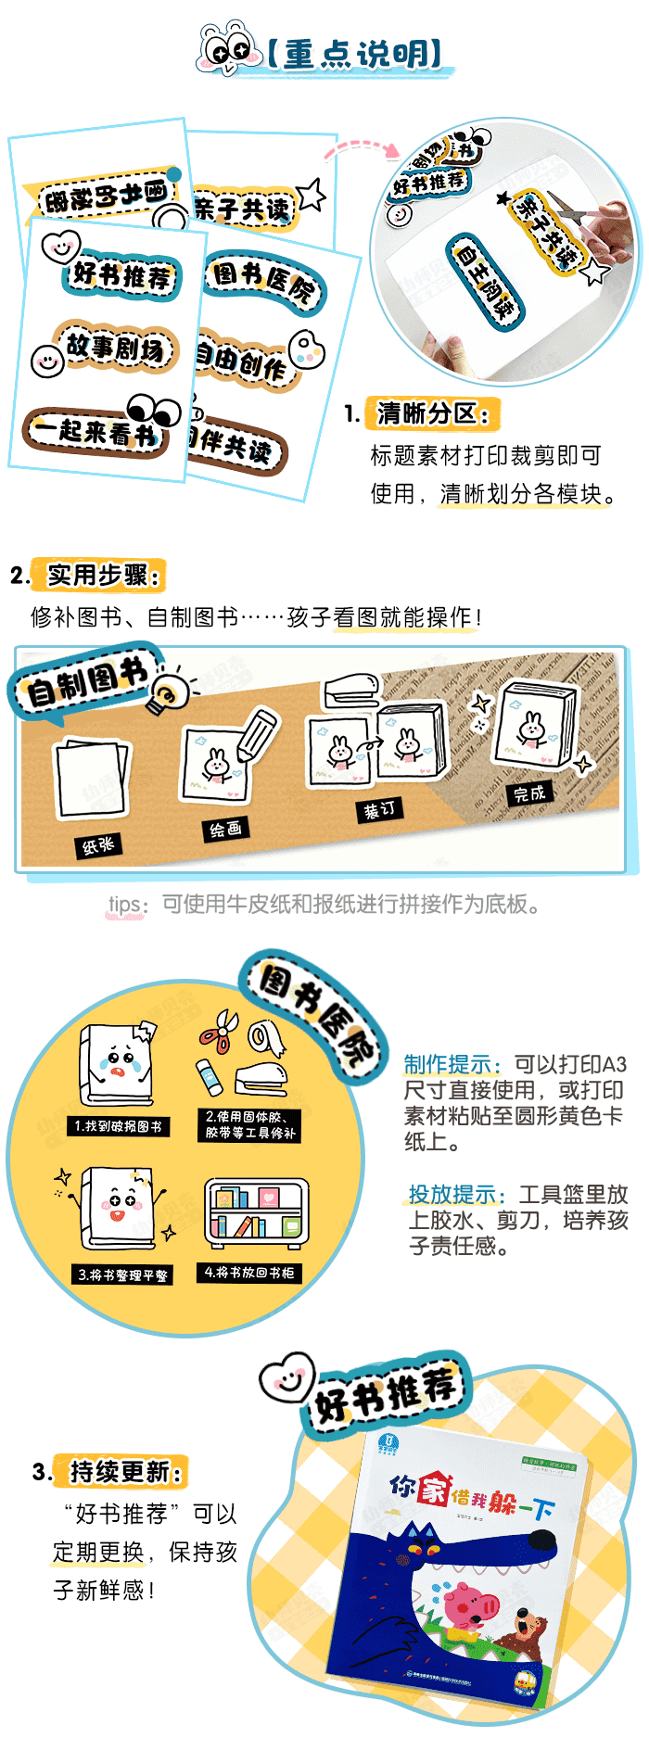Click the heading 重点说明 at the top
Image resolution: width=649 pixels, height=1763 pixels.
pos(354,54)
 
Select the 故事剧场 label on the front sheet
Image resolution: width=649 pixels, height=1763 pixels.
pos(116,348)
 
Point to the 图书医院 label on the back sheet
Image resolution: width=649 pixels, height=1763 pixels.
pos(265,280)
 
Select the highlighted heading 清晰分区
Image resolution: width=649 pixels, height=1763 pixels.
pos(432,412)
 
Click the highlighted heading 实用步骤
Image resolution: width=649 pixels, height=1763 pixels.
pos(100,576)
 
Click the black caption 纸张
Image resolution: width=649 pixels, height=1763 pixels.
pos(97,844)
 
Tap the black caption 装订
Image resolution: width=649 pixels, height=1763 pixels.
pos(379,809)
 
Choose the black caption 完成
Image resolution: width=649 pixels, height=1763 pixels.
pos(529,793)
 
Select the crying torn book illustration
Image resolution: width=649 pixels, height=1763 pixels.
pos(116,1064)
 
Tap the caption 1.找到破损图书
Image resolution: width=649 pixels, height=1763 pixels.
pos(118,1126)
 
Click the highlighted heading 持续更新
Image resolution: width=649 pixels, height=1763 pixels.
pos(124,1471)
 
